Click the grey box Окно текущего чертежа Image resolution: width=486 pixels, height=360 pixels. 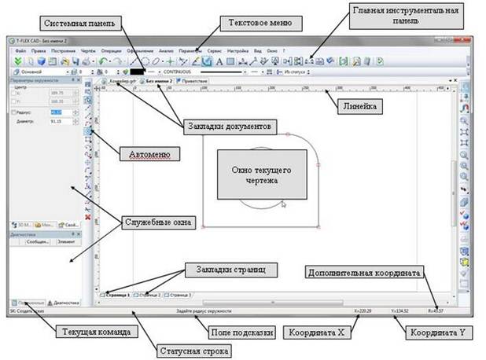[252, 175]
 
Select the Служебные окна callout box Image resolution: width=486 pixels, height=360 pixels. [157, 221]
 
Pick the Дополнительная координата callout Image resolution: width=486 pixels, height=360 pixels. [363, 272]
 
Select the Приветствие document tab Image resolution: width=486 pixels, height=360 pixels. [193, 81]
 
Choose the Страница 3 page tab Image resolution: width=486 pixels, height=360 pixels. [179, 294]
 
